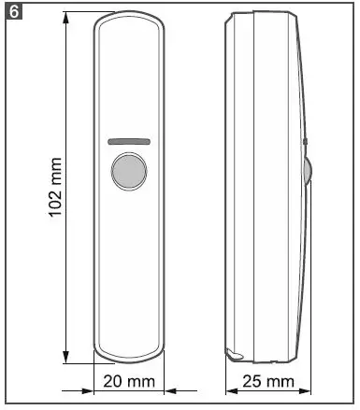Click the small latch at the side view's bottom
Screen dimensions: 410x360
tap(234, 354)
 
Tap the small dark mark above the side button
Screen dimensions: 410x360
tap(305, 143)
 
